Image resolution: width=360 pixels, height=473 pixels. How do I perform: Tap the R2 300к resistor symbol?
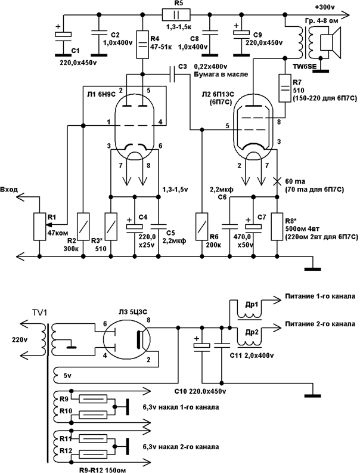(x=83, y=226)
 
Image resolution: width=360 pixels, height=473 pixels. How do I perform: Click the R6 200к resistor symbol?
(x=203, y=226)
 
